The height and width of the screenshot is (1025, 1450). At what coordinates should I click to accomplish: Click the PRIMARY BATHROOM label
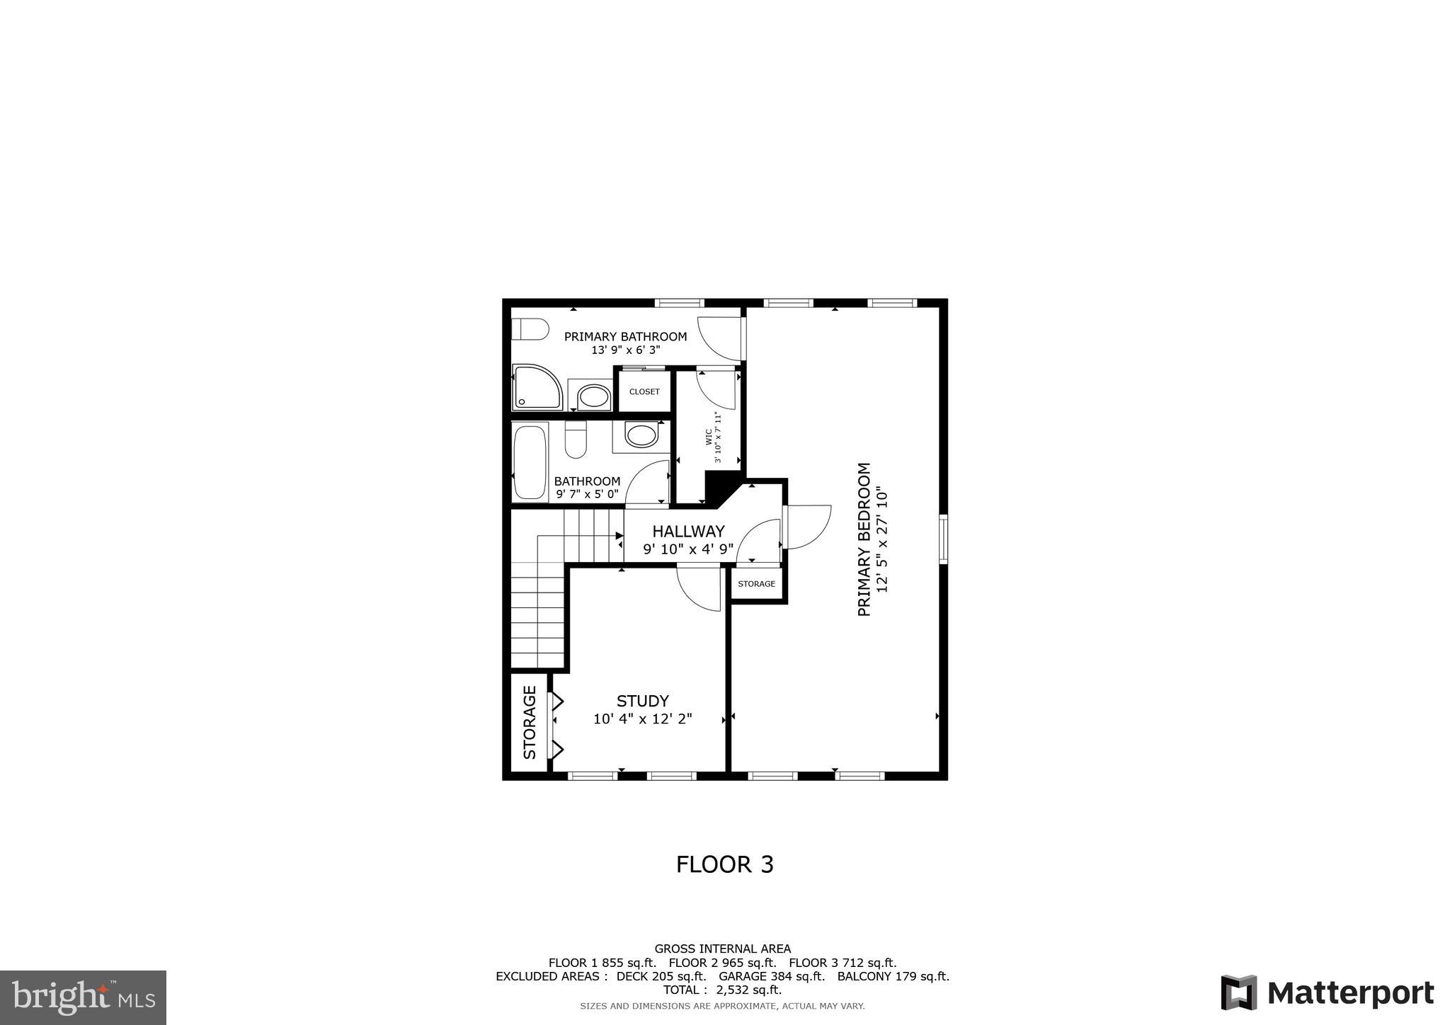[625, 336]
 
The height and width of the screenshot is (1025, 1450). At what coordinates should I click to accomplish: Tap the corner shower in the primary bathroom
[536, 387]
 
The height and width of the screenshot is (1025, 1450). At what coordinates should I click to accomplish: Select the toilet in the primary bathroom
[530, 329]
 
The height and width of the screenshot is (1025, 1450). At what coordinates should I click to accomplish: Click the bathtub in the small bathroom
[530, 462]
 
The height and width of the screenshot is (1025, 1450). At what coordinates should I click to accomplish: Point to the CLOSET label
[644, 391]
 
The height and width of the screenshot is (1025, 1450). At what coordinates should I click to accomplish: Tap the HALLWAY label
[688, 531]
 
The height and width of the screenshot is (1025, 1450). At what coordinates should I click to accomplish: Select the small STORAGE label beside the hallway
[756, 584]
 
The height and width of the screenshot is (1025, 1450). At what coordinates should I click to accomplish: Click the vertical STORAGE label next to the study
[530, 722]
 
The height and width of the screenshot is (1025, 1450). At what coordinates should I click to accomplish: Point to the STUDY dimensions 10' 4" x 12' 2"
[642, 719]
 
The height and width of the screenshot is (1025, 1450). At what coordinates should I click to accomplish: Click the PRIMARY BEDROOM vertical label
[864, 539]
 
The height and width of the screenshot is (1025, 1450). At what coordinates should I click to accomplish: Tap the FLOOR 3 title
[724, 864]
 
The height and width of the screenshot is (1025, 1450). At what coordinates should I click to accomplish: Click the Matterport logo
[1327, 992]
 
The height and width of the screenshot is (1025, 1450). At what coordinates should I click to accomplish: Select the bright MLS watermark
[83, 997]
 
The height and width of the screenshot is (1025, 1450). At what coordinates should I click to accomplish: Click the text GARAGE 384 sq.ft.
[772, 976]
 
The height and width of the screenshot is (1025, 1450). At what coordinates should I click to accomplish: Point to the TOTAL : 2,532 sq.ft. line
[722, 990]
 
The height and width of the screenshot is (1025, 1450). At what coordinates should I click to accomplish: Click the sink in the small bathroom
[641, 435]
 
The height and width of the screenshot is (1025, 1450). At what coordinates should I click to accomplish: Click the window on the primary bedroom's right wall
[944, 539]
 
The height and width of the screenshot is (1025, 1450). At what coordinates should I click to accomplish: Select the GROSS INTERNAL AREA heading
[722, 949]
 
